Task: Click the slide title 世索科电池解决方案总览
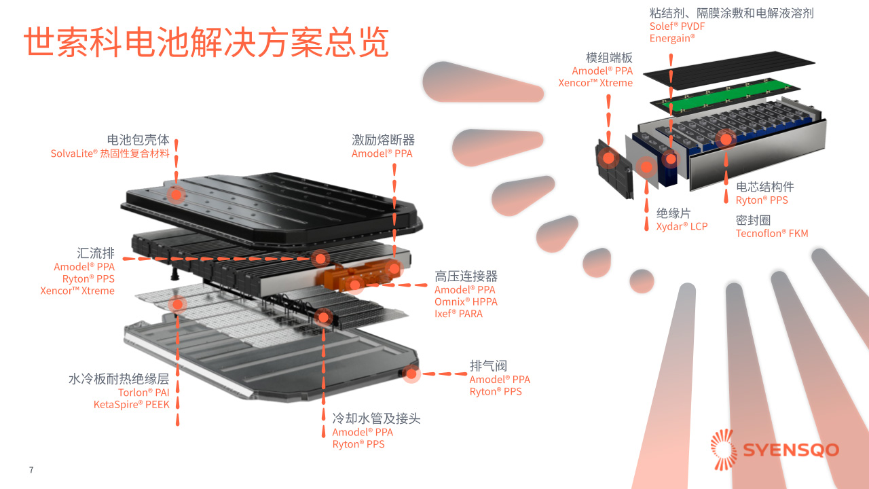(x=206, y=42)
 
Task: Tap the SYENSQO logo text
(x=790, y=450)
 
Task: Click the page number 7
(x=31, y=470)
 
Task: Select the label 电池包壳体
(x=138, y=140)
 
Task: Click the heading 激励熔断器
(x=383, y=140)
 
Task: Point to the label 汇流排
(x=96, y=253)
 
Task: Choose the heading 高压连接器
(x=466, y=276)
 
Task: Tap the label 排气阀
(x=488, y=365)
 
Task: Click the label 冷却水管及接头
(x=376, y=418)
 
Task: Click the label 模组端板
(x=609, y=58)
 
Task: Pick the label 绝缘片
(x=673, y=213)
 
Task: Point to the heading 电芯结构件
(x=764, y=187)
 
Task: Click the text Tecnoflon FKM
(x=772, y=234)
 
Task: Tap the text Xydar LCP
(x=682, y=226)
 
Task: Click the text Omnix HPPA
(x=466, y=302)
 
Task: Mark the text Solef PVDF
(x=678, y=26)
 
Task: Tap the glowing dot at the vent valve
(x=411, y=374)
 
